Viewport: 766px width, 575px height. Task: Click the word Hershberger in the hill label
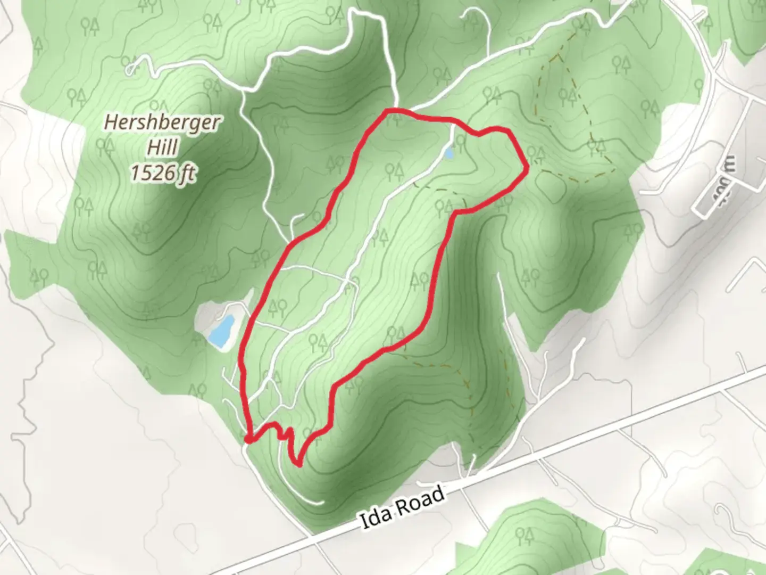tap(161, 123)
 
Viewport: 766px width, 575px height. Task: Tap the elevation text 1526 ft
tap(163, 173)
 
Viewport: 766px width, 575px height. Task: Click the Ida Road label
tap(402, 507)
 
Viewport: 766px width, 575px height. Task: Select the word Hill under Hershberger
tap(162, 147)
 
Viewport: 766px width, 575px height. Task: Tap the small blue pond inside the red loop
tap(449, 153)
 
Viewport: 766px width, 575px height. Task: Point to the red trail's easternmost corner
tap(527, 169)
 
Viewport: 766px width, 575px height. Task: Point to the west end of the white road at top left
tap(130, 69)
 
